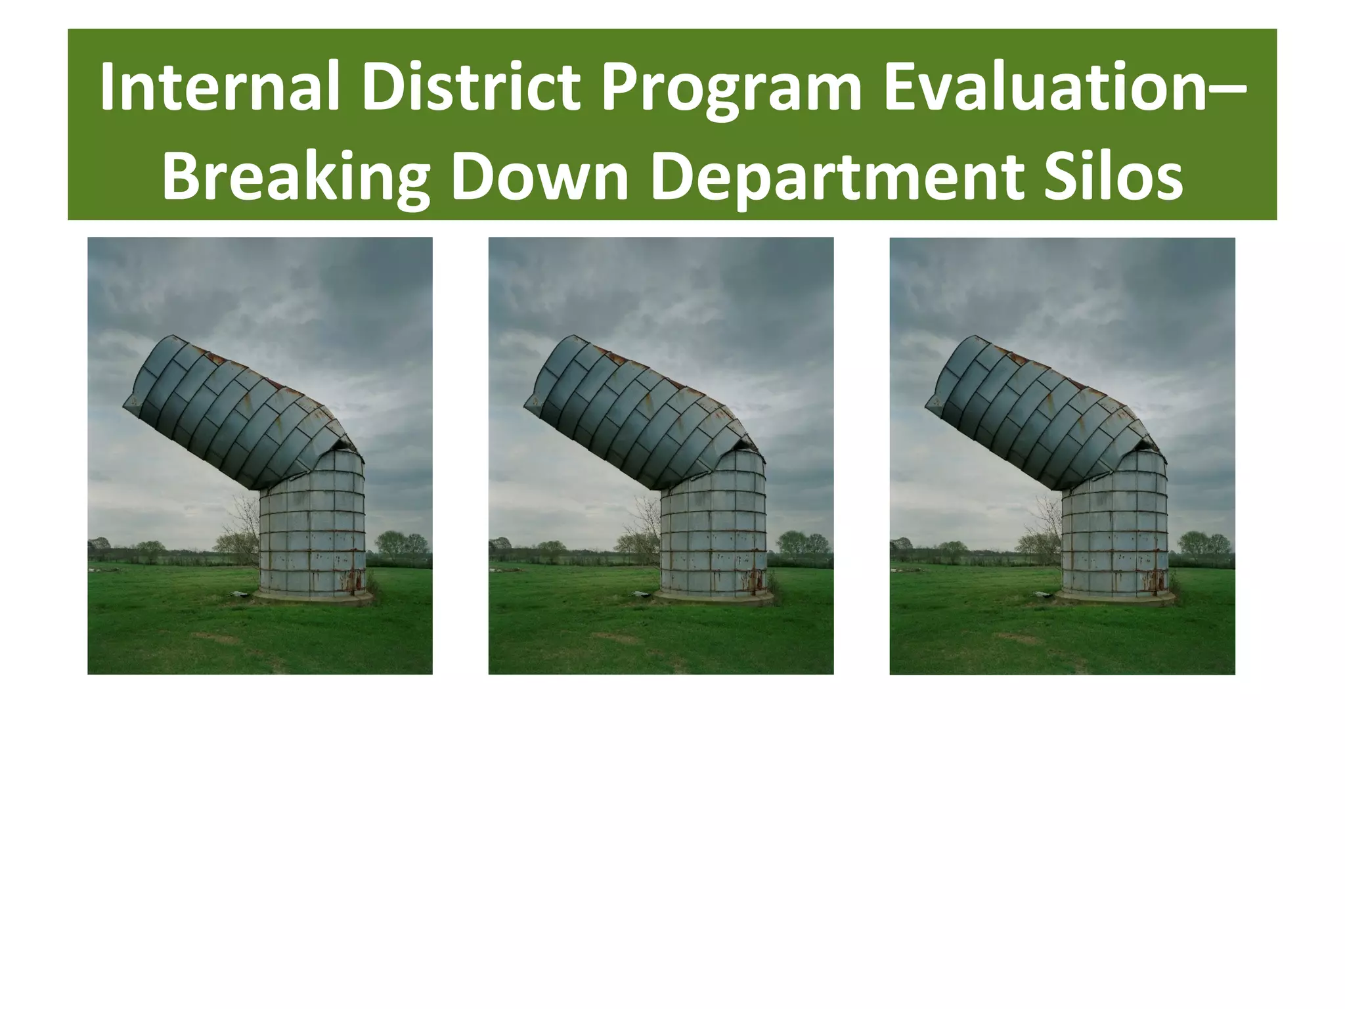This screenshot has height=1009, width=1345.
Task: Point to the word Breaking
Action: click(296, 179)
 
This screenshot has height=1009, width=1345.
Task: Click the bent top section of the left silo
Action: click(236, 414)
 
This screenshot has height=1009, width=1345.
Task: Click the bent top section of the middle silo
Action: click(637, 414)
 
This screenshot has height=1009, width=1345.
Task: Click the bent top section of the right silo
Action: click(1038, 414)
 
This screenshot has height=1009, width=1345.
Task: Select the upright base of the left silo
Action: click(312, 532)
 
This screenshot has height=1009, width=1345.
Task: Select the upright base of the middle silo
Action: click(713, 532)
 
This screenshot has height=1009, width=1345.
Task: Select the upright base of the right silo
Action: click(1114, 532)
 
